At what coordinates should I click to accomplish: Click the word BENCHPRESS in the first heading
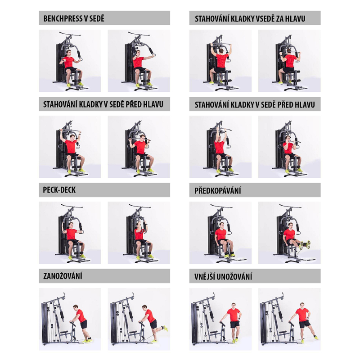63,18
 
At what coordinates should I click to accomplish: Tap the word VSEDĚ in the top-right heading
265,18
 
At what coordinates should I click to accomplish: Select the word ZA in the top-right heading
280,18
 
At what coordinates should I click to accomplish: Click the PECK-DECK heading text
59,190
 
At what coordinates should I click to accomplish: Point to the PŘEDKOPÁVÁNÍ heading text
218,190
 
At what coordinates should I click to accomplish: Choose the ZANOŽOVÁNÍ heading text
63,276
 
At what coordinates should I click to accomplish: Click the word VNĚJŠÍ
205,276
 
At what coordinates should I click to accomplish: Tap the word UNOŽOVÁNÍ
235,276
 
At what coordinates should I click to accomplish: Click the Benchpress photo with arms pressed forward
139,61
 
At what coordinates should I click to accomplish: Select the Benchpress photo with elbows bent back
70,61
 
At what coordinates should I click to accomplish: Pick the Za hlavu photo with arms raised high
220,61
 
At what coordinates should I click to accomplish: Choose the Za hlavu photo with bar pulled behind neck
289,61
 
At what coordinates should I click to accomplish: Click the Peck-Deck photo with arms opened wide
70,233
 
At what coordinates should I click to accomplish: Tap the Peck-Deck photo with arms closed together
139,233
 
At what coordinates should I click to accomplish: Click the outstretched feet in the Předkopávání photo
306,244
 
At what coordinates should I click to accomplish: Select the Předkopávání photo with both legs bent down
220,233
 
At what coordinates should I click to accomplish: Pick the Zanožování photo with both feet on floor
70,319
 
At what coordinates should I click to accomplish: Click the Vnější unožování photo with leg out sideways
289,319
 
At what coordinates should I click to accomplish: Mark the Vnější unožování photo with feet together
220,319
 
